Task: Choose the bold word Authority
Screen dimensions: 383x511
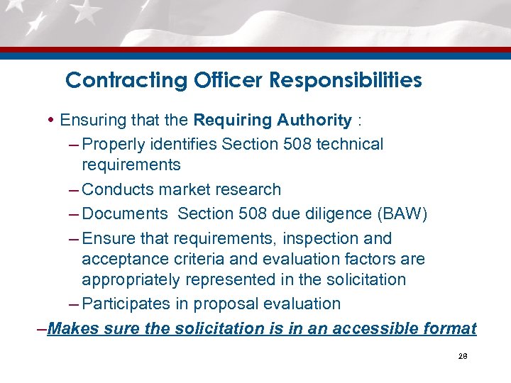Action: (x=312, y=120)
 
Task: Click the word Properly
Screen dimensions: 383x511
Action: (x=111, y=144)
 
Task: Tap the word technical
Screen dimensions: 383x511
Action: (x=350, y=144)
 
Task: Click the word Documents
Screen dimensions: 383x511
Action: (x=123, y=214)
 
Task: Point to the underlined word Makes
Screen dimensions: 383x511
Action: (x=75, y=328)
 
